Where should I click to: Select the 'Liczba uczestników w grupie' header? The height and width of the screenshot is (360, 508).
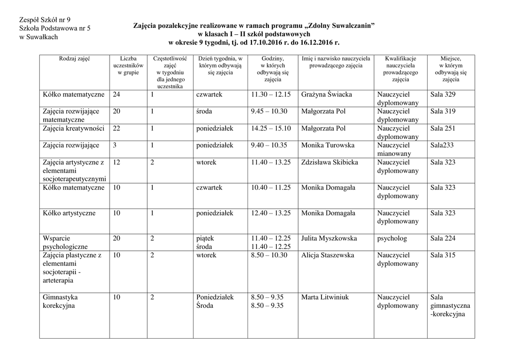pyautogui.click(x=128, y=66)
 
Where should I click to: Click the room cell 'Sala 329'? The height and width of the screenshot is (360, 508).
pyautogui.click(x=443, y=94)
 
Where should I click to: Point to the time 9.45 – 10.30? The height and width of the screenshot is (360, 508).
pyautogui.click(x=270, y=111)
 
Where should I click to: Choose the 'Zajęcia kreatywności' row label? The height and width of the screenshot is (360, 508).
pyautogui.click(x=73, y=128)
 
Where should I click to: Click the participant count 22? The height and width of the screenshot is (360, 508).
pyautogui.click(x=117, y=128)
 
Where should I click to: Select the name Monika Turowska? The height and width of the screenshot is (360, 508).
pyautogui.click(x=327, y=145)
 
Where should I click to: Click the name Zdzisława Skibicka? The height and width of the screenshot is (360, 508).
pyautogui.click(x=329, y=162)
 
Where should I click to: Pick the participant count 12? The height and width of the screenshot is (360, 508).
pyautogui.click(x=117, y=162)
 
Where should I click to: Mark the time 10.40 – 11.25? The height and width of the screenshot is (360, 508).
pyautogui.click(x=271, y=187)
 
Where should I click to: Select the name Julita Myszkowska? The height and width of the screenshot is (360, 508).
pyautogui.click(x=329, y=238)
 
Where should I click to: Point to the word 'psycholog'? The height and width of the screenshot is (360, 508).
pyautogui.click(x=392, y=238)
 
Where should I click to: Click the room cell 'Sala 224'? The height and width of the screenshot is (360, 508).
pyautogui.click(x=443, y=238)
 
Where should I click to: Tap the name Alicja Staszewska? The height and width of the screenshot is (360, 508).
pyautogui.click(x=327, y=255)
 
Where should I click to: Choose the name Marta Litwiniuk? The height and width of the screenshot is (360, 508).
pyautogui.click(x=325, y=297)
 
